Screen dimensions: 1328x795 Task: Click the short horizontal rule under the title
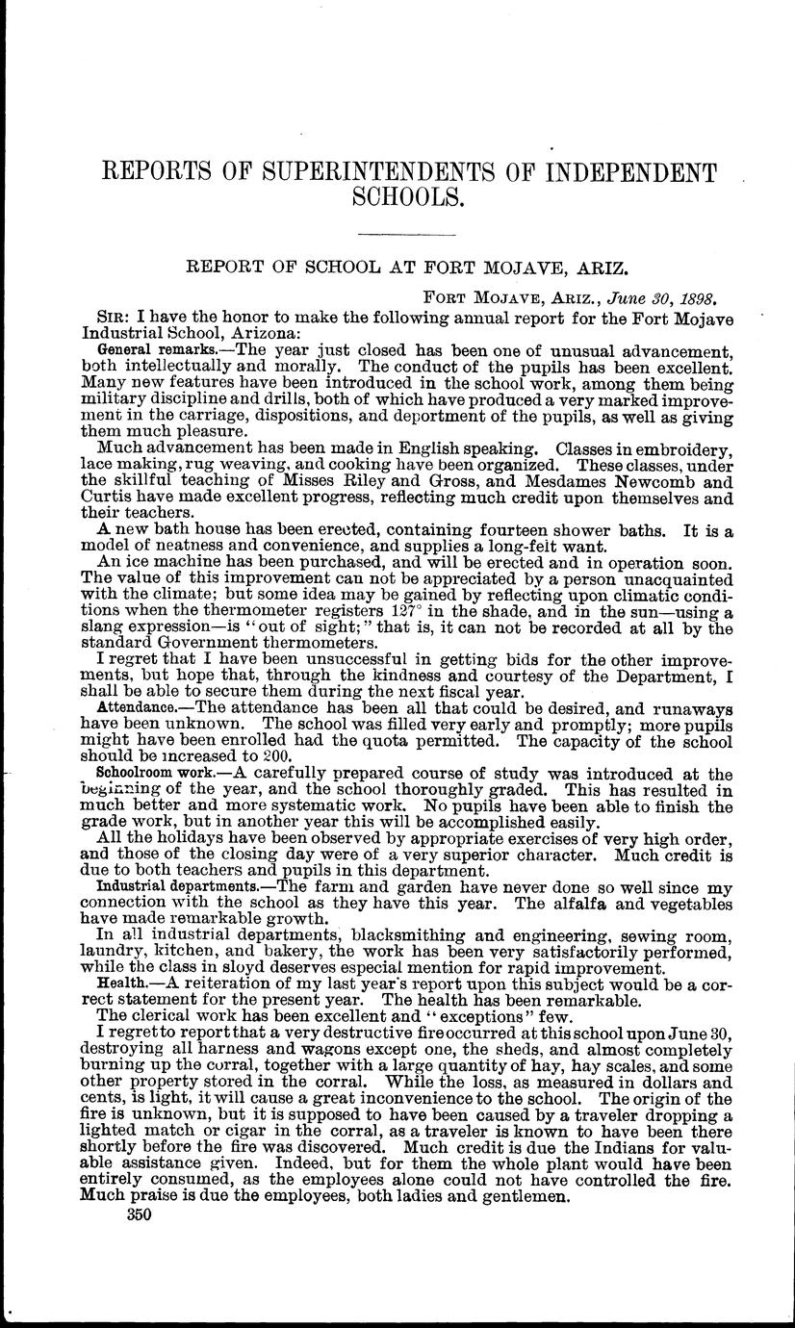click(x=406, y=235)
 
